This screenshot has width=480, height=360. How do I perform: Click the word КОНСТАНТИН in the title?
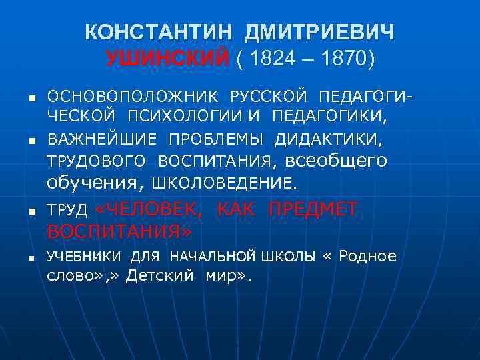pyautogui.click(x=160, y=32)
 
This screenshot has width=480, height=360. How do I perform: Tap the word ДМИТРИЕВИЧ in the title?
pyautogui.click(x=319, y=32)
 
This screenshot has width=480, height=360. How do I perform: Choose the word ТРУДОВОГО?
pyautogui.click(x=96, y=161)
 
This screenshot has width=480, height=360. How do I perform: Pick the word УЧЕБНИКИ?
pyautogui.click(x=84, y=257)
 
